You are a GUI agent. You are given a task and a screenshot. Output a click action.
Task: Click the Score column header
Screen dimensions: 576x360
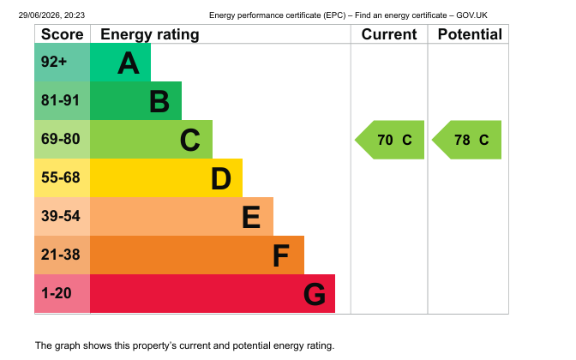[x=62, y=34]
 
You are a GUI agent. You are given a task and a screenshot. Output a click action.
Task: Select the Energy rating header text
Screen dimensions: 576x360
[x=150, y=34]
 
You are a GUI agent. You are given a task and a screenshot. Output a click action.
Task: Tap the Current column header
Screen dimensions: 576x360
[x=389, y=34]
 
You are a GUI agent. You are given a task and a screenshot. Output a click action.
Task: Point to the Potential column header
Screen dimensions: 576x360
[x=470, y=34]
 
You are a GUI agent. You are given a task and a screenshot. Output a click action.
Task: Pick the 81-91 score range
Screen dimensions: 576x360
[x=60, y=100]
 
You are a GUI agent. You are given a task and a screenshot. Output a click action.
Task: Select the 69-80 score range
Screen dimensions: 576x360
[x=60, y=139]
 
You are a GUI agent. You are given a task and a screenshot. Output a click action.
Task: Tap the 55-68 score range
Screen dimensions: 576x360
[x=60, y=177]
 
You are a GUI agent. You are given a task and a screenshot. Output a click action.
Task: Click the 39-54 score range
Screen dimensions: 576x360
[x=60, y=216]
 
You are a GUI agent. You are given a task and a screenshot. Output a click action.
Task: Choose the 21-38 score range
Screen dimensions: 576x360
[x=60, y=255]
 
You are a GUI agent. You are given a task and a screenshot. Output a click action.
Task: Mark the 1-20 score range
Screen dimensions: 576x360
[x=57, y=293]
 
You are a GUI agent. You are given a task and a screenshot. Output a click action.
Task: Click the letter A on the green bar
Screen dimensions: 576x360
[x=129, y=63]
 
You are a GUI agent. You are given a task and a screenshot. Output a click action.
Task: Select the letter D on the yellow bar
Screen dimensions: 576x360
[x=221, y=178]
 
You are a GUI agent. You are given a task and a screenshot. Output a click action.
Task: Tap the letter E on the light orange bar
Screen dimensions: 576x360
[x=251, y=217]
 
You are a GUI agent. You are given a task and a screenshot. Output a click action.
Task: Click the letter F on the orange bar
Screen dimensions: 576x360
[x=281, y=255]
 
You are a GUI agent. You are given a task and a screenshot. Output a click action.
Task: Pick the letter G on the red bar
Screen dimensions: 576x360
[x=315, y=294]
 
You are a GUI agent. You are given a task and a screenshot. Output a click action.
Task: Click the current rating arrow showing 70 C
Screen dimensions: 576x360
[x=389, y=140]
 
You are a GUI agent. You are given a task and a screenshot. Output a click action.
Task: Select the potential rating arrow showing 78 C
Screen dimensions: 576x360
[x=466, y=140]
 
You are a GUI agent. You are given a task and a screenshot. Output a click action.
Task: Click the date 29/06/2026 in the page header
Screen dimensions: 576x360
[x=40, y=15]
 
